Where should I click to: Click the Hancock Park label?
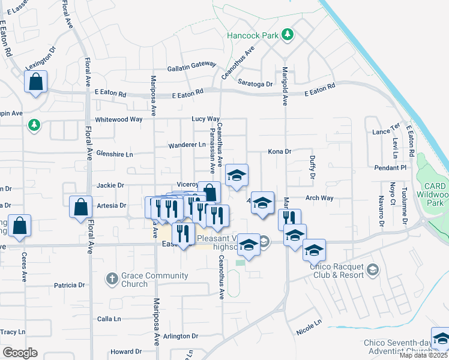tap(253, 35)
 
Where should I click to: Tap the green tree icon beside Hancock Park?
tap(288, 34)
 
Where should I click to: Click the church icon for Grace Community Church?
tap(111, 278)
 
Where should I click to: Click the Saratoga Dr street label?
tap(255, 84)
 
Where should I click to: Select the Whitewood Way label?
tap(119, 119)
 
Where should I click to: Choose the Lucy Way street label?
tap(206, 119)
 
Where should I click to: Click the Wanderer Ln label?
tap(186, 145)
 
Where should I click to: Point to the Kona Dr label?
tap(279, 152)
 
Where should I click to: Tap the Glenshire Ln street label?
tap(114, 154)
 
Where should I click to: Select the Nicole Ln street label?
tap(309, 327)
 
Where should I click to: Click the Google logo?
tap(20, 353)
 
